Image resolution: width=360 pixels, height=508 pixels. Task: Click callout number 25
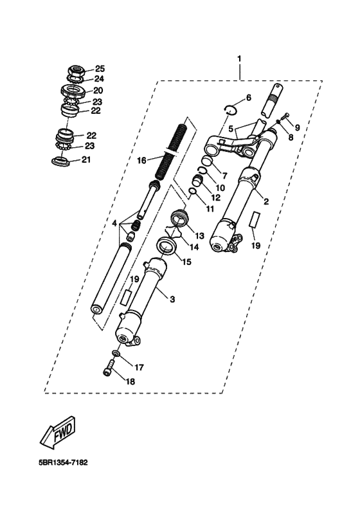pos(100,68)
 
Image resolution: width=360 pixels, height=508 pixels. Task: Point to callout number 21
pos(86,159)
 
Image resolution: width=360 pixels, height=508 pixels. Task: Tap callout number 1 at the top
pos(239,59)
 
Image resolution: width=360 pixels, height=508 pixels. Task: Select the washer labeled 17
pos(116,353)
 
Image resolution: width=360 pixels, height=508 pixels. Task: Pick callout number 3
pos(172,299)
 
